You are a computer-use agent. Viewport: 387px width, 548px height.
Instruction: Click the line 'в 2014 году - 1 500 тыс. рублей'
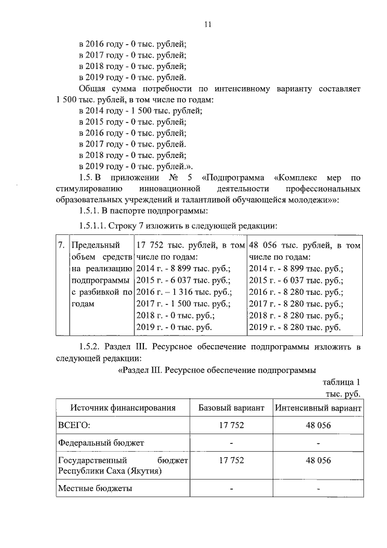pyautogui.click(x=140, y=110)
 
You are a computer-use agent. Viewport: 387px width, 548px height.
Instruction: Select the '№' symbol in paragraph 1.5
pyautogui.click(x=173, y=177)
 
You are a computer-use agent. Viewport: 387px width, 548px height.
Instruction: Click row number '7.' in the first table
pyautogui.click(x=61, y=246)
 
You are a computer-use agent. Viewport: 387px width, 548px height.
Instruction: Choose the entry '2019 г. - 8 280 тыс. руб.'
pyautogui.click(x=295, y=327)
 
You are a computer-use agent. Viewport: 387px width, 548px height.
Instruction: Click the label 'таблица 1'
pyautogui.click(x=342, y=382)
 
